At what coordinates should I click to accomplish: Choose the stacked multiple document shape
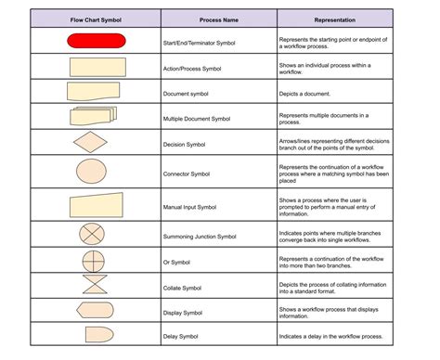[93, 117]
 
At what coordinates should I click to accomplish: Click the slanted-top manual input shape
[96, 204]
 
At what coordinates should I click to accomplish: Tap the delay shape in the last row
[97, 335]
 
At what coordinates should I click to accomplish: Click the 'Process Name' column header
[219, 19]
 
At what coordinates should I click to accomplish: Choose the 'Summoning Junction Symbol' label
[220, 236]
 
